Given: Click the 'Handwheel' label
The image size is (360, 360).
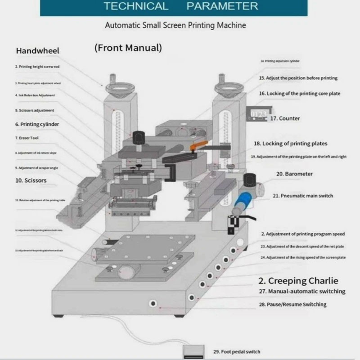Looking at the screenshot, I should tap(37, 51).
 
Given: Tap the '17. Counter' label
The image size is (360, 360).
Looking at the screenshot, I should tap(285, 118).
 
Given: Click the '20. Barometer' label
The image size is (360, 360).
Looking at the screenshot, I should tap(294, 174).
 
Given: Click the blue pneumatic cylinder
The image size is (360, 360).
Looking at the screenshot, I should tap(239, 203).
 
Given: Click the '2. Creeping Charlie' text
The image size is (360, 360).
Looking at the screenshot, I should tap(298, 281).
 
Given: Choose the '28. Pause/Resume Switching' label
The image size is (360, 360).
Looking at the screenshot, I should tap(292, 305).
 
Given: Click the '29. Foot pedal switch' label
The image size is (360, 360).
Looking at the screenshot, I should tap(236, 351).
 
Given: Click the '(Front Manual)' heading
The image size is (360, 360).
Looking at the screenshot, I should tap(128, 47).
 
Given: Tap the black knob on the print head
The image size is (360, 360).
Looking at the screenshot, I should tap(137, 135).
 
